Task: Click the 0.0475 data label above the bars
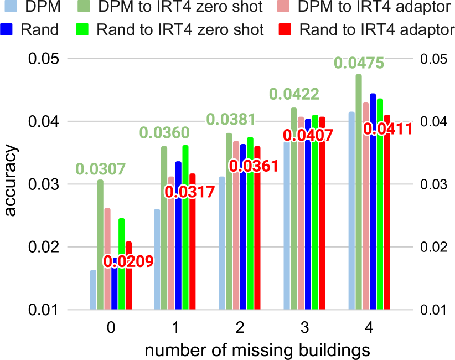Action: pos(358,63)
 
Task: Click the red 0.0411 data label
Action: pos(387,130)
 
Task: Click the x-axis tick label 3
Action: pos(304,328)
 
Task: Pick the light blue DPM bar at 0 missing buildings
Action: pos(94,290)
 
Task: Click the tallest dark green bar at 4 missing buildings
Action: pos(359,192)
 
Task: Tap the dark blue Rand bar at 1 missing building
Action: pos(178,235)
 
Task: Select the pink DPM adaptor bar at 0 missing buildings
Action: pos(107,259)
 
